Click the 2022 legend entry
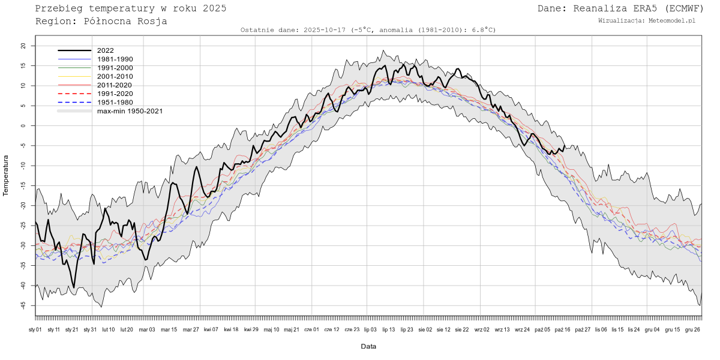(x=105, y=50)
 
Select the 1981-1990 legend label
(x=115, y=59)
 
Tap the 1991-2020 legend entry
(x=115, y=94)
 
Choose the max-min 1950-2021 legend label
(x=130, y=111)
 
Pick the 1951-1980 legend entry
(x=115, y=103)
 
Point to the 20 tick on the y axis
(x=23, y=46)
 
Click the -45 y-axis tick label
(x=23, y=305)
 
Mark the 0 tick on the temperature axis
(x=23, y=125)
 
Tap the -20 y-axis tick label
(x=23, y=205)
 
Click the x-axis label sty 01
(x=35, y=329)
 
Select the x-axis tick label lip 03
(x=370, y=329)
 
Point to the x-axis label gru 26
(x=692, y=329)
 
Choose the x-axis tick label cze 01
(x=312, y=329)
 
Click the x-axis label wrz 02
(x=482, y=329)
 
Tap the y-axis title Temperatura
(x=6, y=175)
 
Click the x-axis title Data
(x=368, y=346)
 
